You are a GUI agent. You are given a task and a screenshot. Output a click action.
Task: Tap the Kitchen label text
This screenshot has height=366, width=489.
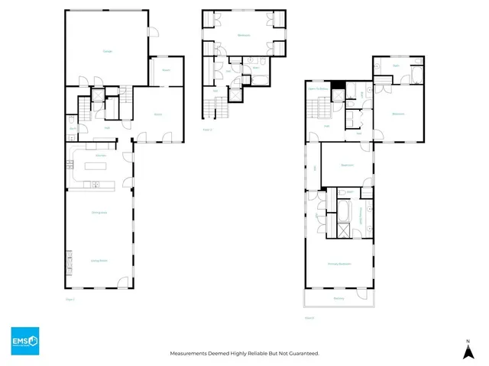point(99,156)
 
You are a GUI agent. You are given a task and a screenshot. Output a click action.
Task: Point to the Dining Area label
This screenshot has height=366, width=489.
point(99,213)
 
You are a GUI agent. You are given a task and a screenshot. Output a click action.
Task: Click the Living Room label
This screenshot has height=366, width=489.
point(99,261)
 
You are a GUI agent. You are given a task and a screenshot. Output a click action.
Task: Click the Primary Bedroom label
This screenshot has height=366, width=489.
point(338,265)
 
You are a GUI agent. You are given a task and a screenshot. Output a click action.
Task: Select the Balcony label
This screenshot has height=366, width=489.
point(338,298)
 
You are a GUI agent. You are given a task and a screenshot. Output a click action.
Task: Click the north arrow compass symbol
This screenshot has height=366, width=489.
point(466,349)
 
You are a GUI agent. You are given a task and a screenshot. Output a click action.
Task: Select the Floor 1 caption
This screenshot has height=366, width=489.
point(70,301)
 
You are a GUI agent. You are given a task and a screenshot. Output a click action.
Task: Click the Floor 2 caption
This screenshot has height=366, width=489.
point(309,316)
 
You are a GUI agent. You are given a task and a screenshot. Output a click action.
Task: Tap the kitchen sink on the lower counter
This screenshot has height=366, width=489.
point(96,184)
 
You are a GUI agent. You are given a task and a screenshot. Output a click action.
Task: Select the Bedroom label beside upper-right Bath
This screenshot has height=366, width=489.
point(398,114)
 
